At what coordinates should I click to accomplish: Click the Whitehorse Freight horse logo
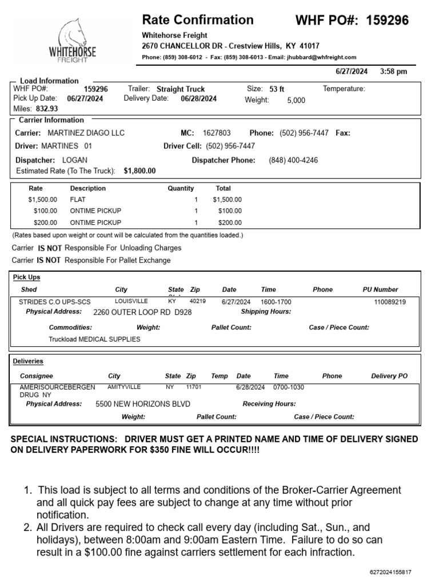click(x=73, y=40)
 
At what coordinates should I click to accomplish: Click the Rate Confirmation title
click(x=197, y=20)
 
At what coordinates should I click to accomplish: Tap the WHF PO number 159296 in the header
click(x=387, y=21)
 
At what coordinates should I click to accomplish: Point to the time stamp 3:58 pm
click(x=393, y=72)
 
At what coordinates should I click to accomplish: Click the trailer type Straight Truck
click(x=181, y=89)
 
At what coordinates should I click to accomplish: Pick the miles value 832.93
click(x=47, y=108)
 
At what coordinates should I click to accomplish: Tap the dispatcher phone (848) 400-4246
click(x=293, y=160)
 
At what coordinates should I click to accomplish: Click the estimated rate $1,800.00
click(x=139, y=171)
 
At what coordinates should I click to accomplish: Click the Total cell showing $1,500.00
click(x=227, y=200)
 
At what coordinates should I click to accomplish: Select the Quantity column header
click(x=181, y=188)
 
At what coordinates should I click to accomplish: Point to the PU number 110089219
click(x=390, y=302)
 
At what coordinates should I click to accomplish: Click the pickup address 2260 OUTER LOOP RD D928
click(x=142, y=312)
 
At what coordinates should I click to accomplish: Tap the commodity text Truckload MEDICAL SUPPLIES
click(x=94, y=339)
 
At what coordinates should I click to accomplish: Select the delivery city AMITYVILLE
click(x=123, y=387)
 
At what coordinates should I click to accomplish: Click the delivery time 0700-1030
click(x=289, y=387)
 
